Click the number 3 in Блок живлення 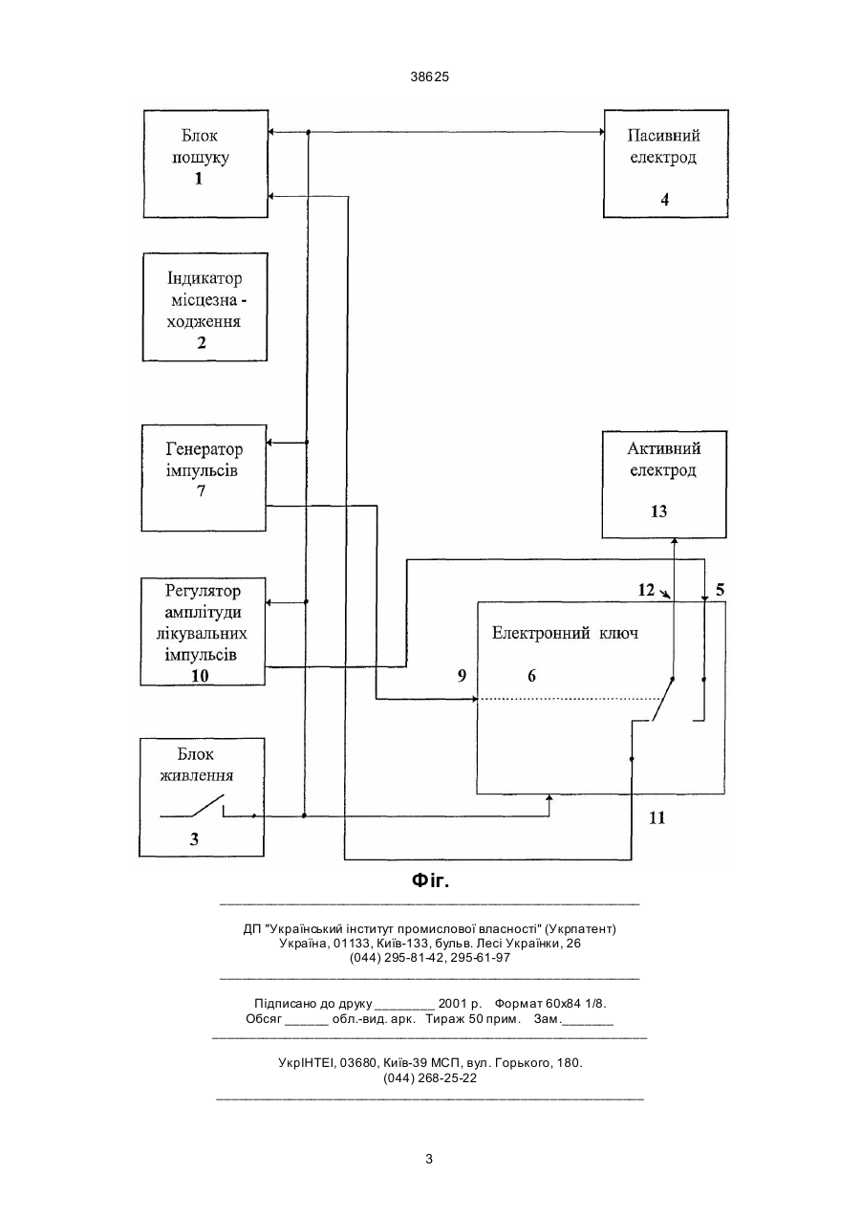click(x=194, y=839)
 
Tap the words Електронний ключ click(x=565, y=634)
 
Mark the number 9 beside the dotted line click(x=462, y=675)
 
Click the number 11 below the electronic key click(x=657, y=817)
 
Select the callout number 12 click(x=646, y=590)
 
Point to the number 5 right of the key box click(x=720, y=590)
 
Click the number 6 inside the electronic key click(x=531, y=676)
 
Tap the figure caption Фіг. click(x=430, y=880)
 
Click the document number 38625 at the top click(x=430, y=76)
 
